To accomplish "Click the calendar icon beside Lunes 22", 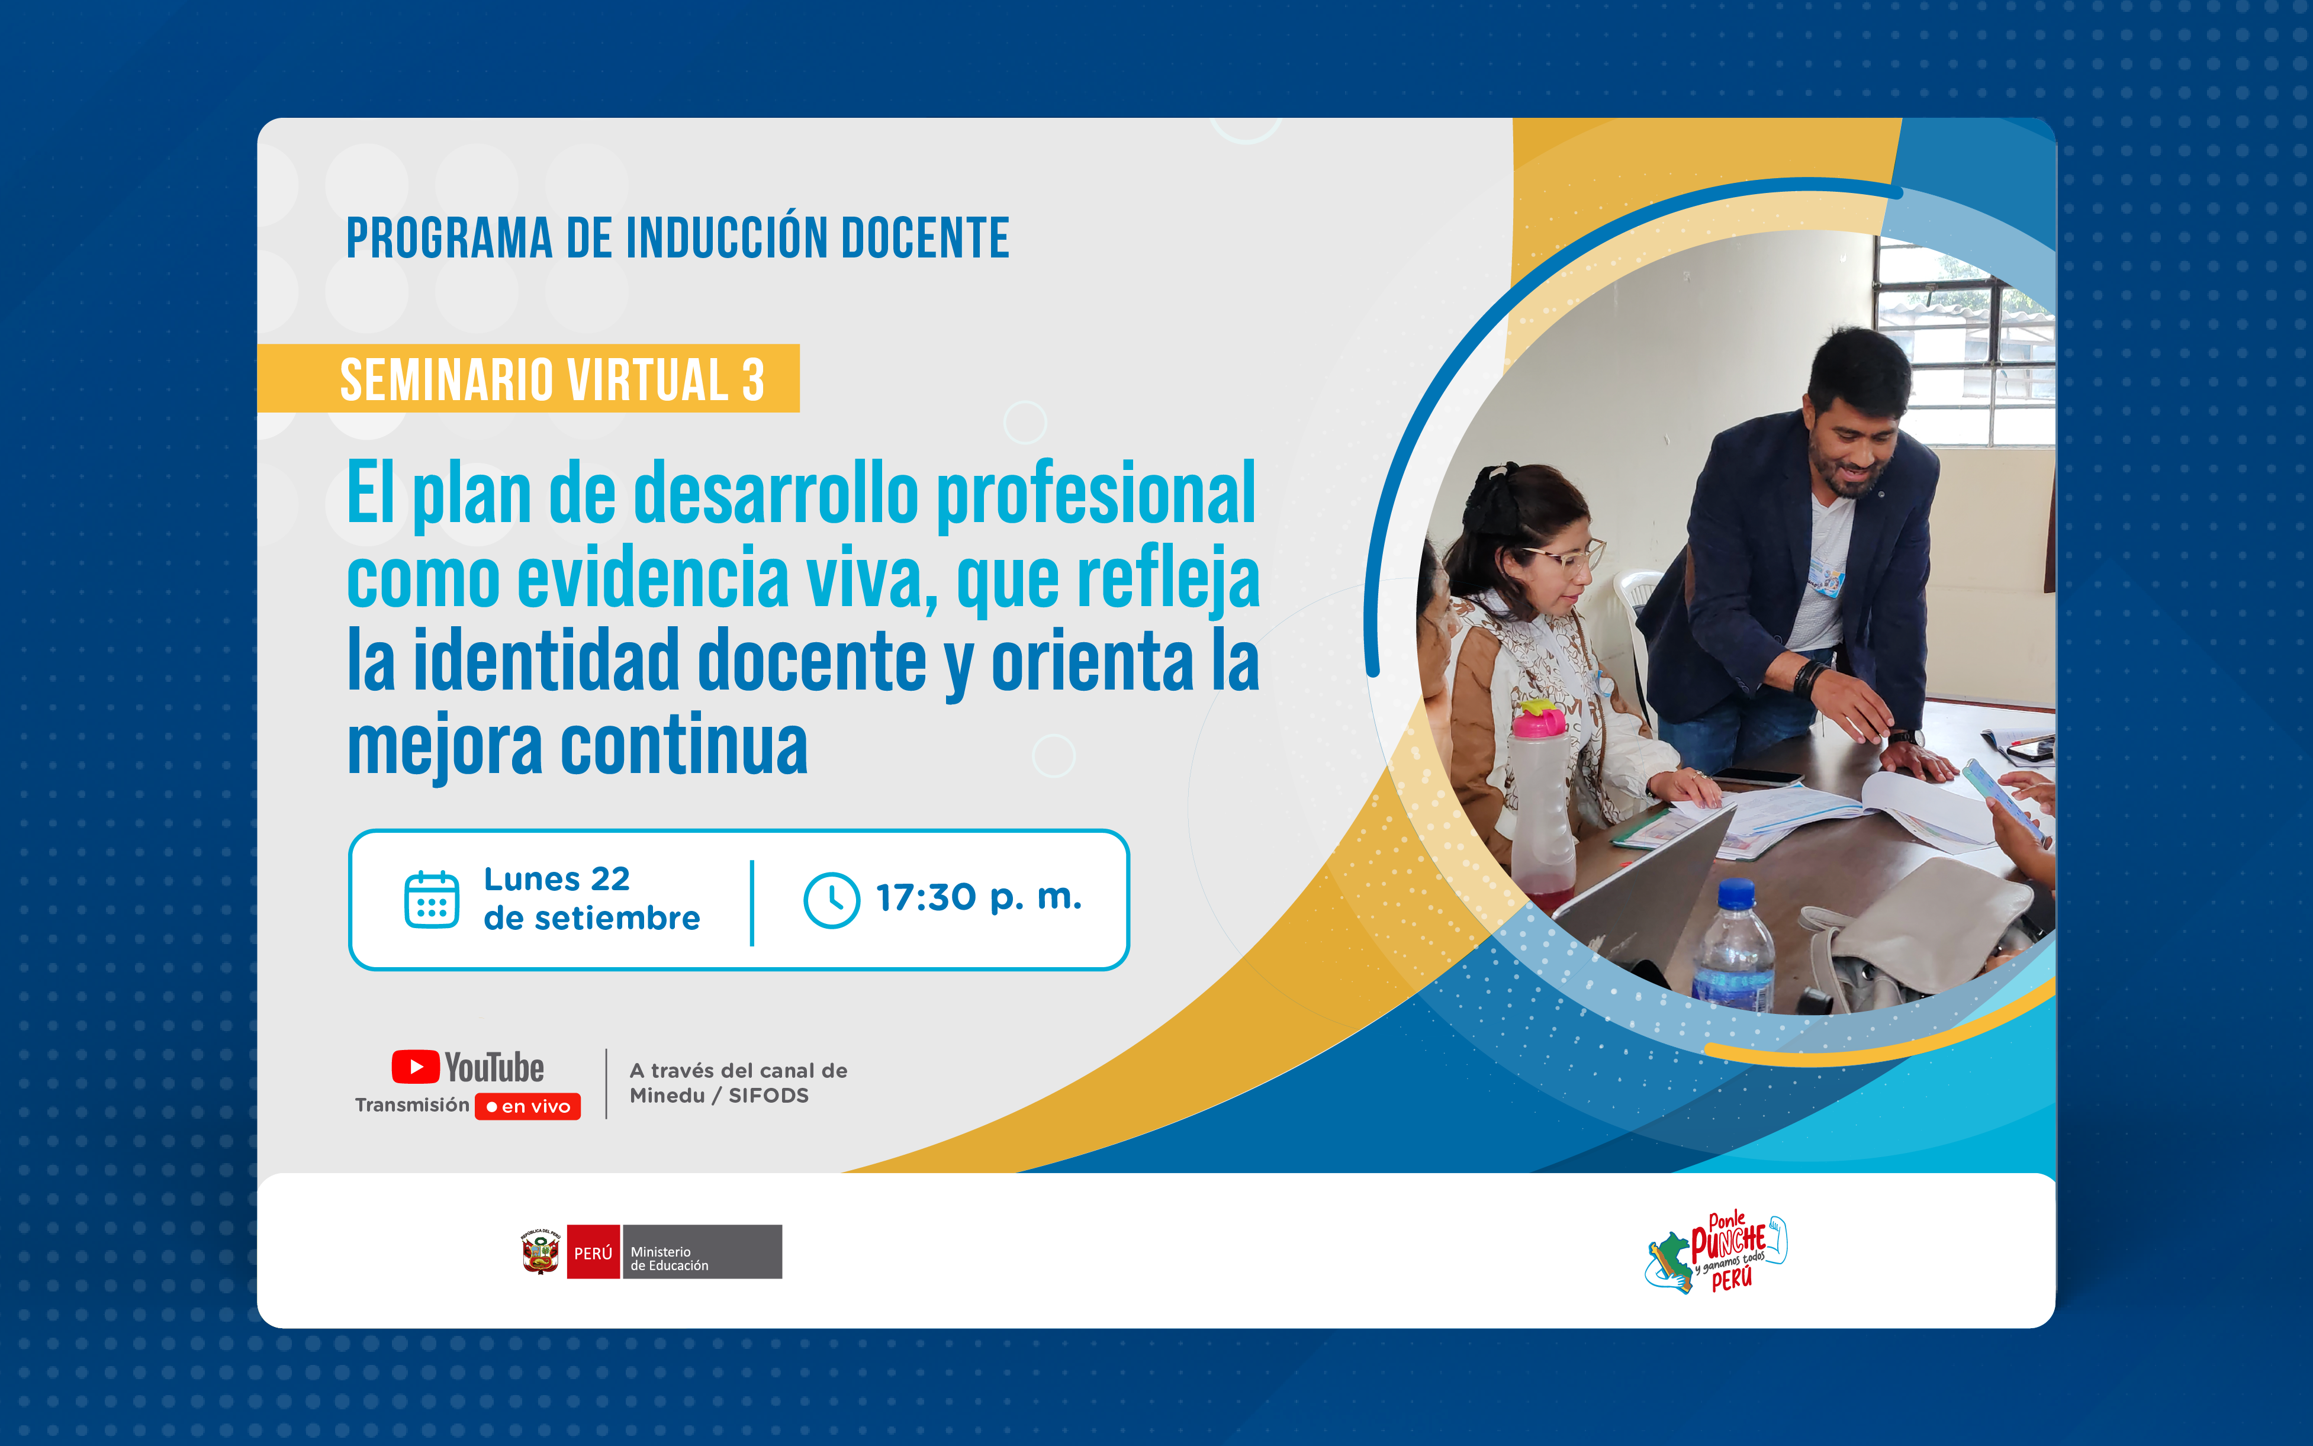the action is (x=432, y=899).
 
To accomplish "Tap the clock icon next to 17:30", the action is (x=831, y=899).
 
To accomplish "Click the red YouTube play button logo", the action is (x=415, y=1067).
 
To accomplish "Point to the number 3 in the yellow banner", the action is (x=753, y=379).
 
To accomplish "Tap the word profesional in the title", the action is (x=1095, y=494).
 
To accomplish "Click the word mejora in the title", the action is (x=444, y=747).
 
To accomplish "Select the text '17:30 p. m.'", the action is (x=979, y=898).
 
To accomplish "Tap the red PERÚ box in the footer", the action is (x=593, y=1252).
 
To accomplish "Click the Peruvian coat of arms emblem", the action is (x=541, y=1252).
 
